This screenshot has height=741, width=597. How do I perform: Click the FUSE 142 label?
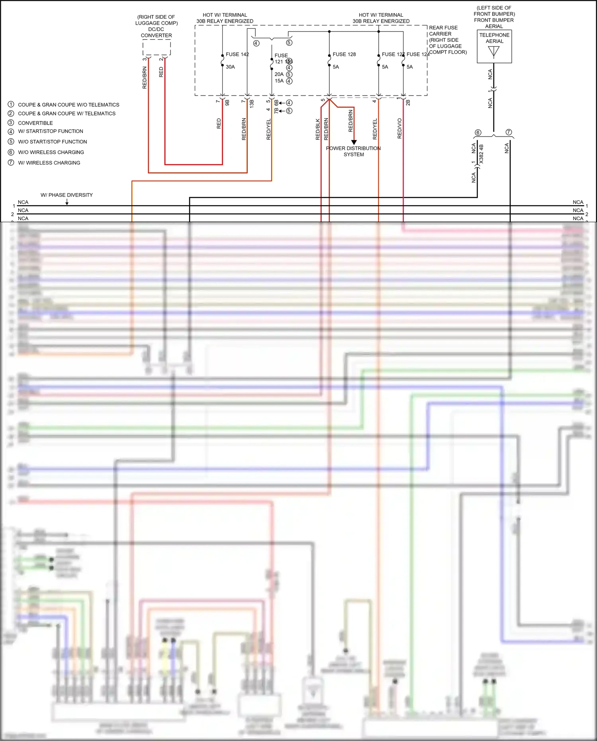[237, 54]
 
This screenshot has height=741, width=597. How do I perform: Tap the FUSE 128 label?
[344, 54]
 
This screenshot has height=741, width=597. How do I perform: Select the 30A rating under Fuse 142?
[230, 67]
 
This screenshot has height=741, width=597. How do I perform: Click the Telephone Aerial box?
[494, 47]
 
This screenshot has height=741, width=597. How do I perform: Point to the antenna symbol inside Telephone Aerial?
[493, 52]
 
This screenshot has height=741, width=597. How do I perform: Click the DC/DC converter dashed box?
[157, 48]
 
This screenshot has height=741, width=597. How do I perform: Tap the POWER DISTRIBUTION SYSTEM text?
[353, 151]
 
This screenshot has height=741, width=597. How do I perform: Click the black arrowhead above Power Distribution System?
[354, 142]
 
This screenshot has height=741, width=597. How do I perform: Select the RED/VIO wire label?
[399, 128]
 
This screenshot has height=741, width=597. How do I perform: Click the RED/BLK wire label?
[318, 129]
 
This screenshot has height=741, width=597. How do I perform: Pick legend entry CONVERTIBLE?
[35, 123]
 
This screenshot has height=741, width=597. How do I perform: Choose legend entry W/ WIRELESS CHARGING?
[49, 163]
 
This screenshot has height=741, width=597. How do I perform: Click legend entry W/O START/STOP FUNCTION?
[52, 142]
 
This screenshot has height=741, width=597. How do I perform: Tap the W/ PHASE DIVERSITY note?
[67, 195]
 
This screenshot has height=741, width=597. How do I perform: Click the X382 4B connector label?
[481, 154]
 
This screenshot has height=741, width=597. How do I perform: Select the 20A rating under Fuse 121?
[279, 74]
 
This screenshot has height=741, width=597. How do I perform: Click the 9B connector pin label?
[227, 102]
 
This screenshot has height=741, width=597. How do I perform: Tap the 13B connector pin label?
[252, 104]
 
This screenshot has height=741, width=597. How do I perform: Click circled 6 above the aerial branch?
[478, 132]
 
